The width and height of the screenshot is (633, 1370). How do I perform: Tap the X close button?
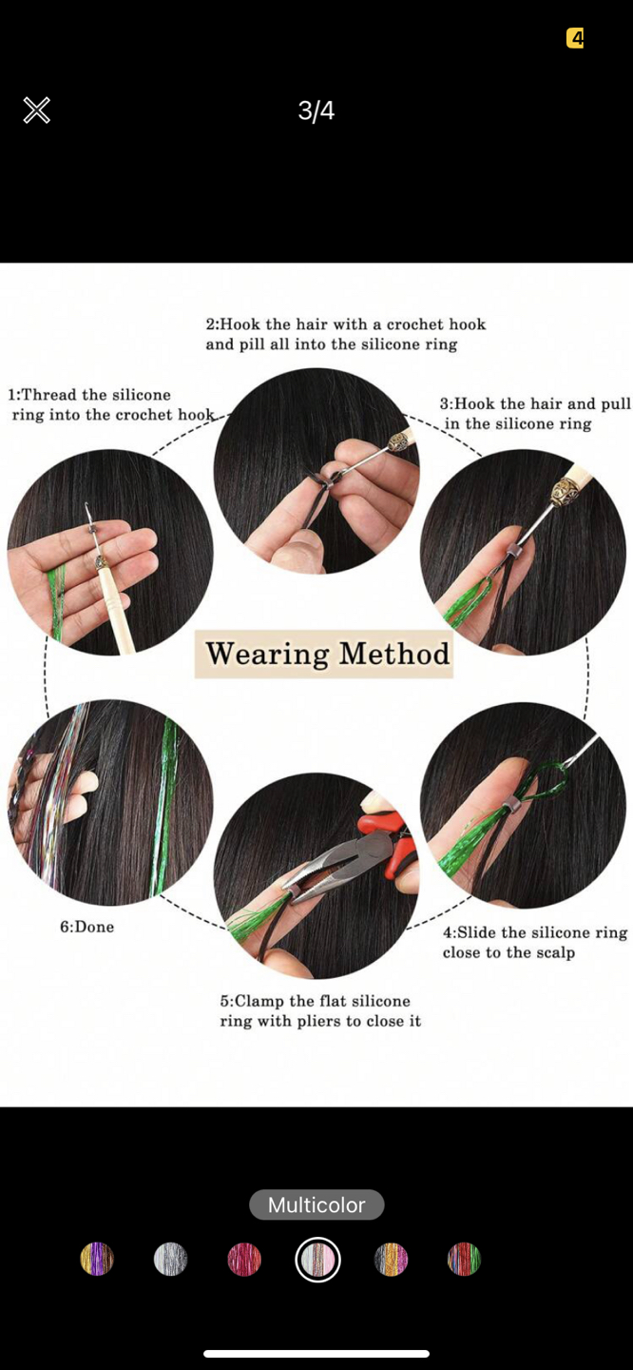[36, 110]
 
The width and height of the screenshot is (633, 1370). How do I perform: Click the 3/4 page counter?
[316, 111]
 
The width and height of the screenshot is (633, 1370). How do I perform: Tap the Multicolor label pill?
[316, 1204]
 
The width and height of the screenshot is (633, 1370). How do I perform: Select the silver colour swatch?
[170, 1259]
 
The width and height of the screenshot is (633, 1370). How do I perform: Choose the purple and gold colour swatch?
[97, 1259]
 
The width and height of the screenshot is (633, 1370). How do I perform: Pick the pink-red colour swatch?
[244, 1259]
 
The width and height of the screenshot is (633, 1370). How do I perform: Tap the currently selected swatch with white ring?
[317, 1259]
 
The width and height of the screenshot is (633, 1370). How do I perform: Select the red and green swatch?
[464, 1259]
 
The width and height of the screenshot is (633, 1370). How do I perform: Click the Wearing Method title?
[326, 654]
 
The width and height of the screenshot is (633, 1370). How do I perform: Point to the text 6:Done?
[86, 927]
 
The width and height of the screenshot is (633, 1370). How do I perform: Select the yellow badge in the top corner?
[575, 38]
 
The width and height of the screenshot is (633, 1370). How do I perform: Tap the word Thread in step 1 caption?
[49, 395]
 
